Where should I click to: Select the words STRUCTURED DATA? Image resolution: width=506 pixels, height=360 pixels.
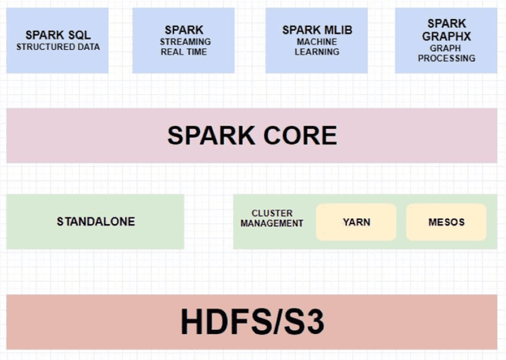click(58, 47)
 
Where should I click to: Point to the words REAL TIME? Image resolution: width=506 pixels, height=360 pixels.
click(183, 52)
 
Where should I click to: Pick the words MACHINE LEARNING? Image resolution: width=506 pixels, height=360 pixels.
click(317, 47)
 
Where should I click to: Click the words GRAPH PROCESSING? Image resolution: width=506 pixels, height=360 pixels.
click(447, 53)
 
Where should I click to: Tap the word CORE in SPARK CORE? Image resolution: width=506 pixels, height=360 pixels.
click(296, 135)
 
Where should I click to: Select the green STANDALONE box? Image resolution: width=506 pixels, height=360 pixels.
click(96, 222)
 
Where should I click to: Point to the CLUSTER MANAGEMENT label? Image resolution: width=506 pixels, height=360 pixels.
click(272, 218)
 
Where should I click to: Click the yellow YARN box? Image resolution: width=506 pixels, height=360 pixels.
click(357, 222)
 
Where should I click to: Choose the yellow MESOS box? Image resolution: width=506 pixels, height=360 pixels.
click(446, 222)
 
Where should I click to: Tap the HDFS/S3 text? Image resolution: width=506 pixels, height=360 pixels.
click(252, 322)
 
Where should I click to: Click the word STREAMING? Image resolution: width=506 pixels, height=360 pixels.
click(184, 42)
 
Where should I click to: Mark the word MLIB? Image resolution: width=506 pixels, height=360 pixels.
click(336, 30)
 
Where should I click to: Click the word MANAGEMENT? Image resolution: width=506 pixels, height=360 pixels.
click(272, 224)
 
